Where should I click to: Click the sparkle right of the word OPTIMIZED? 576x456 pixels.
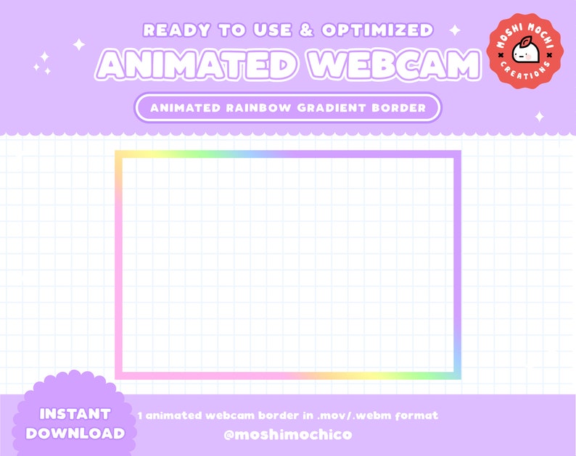coord(456,30)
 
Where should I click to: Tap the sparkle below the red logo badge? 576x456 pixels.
coord(539,116)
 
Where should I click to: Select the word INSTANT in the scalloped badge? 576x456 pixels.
coord(75,414)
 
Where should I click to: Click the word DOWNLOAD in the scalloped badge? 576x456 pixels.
coord(75,434)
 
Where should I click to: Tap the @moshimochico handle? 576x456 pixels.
coord(289,434)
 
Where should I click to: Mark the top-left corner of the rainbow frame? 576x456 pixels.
coord(118,154)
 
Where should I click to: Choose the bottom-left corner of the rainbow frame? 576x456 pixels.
coord(118,376)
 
